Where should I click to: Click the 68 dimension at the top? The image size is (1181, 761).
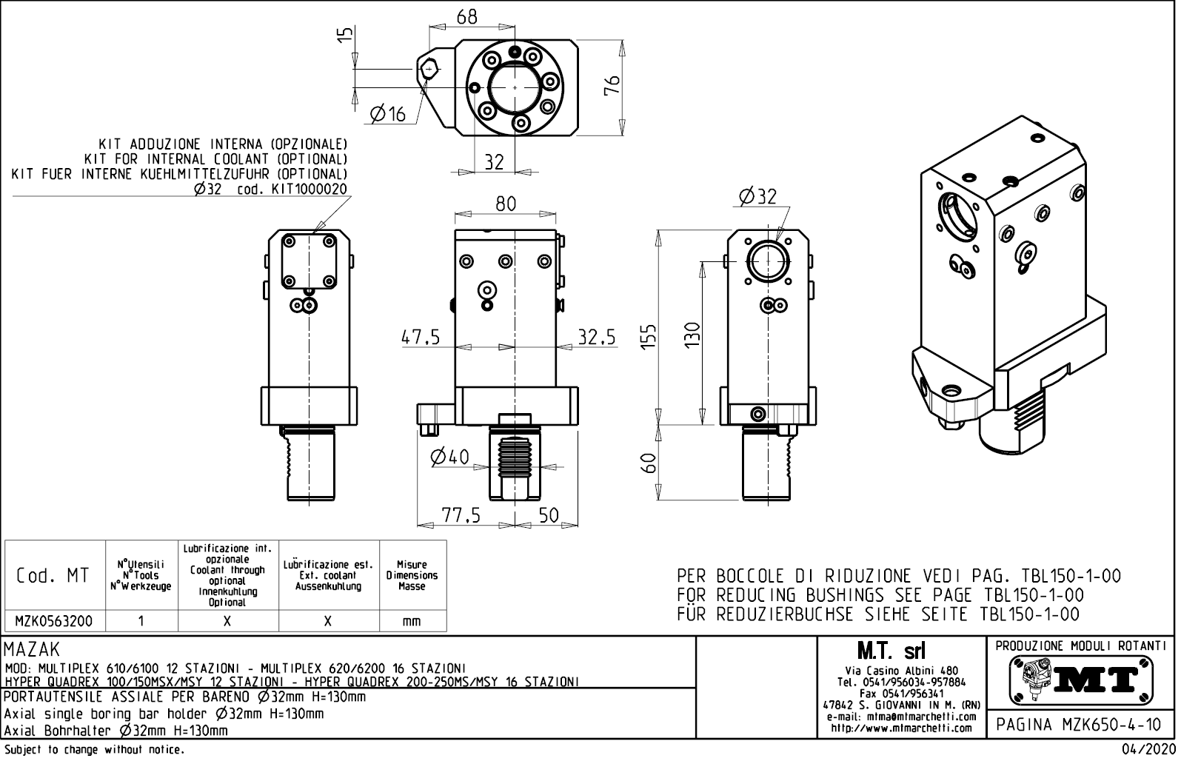coord(466,16)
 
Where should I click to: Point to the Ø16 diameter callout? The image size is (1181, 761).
coord(388,113)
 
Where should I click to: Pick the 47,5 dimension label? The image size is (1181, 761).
coord(421,338)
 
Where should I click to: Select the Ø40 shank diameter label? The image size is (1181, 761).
coord(449,457)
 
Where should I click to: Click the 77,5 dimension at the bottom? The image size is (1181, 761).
coord(461,515)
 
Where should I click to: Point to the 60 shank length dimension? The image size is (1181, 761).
coord(648,464)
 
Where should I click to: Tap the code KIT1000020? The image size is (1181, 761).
coord(309,190)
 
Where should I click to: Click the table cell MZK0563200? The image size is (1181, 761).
coord(54,621)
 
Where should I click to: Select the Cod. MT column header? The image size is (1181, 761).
coord(53,576)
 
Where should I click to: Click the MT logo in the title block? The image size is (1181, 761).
coord(1081,679)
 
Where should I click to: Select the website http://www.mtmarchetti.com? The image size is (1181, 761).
coord(901,728)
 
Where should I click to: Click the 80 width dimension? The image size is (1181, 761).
coord(506,204)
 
